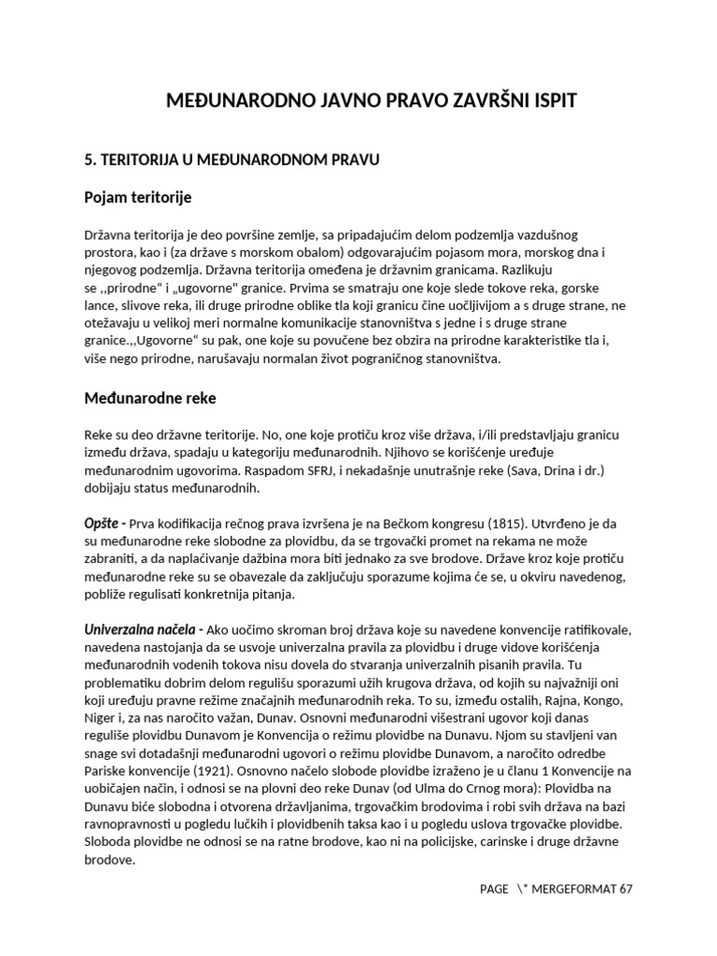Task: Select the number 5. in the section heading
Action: tap(91, 160)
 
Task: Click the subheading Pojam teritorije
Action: tap(138, 197)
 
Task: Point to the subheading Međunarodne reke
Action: tap(150, 398)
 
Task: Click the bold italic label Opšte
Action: tap(104, 525)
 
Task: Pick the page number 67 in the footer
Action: tap(626, 889)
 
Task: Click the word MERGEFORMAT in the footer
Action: tap(575, 889)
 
